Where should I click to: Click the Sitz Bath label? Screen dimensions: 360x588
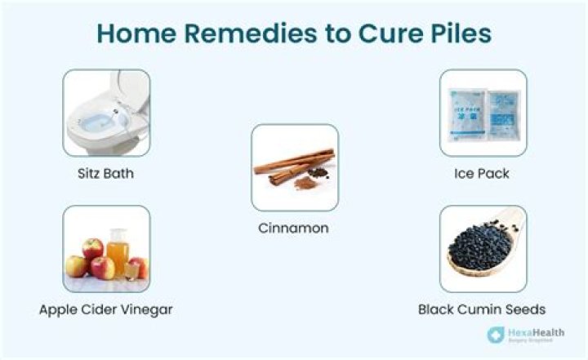click(x=106, y=174)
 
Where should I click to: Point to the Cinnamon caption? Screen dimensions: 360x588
click(x=294, y=229)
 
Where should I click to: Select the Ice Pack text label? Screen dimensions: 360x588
click(x=482, y=174)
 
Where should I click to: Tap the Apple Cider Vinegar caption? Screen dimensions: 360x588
click(x=106, y=309)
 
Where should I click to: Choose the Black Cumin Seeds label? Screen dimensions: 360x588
click(x=482, y=309)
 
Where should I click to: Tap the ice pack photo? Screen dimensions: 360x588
click(x=483, y=113)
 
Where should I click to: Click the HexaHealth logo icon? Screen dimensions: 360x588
click(x=494, y=335)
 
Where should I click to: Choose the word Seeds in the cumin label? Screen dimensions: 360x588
click(x=527, y=309)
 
